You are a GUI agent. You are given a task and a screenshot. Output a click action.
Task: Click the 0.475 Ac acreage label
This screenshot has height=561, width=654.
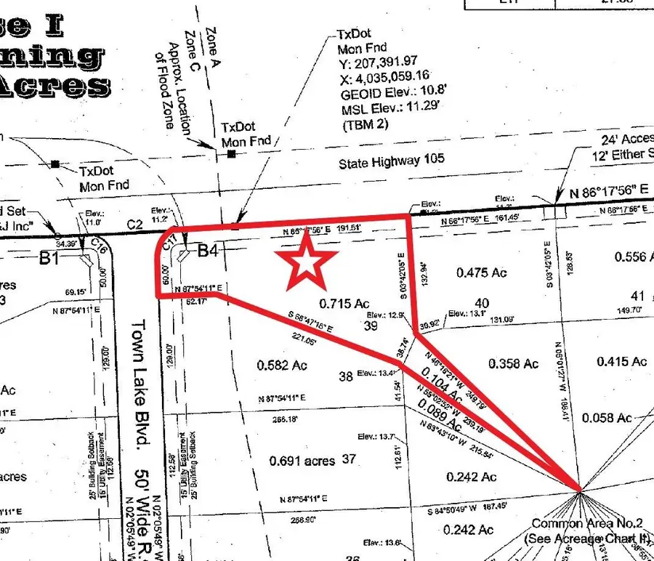(x=482, y=273)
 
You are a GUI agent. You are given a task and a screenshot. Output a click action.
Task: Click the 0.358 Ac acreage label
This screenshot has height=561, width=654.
(x=513, y=363)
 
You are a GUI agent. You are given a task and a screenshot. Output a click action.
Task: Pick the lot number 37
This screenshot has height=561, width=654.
(x=349, y=459)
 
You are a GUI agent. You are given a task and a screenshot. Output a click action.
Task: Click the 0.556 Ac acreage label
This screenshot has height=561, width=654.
(x=634, y=257)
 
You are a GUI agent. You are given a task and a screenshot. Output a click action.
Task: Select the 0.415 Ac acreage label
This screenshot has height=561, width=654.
(x=621, y=361)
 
